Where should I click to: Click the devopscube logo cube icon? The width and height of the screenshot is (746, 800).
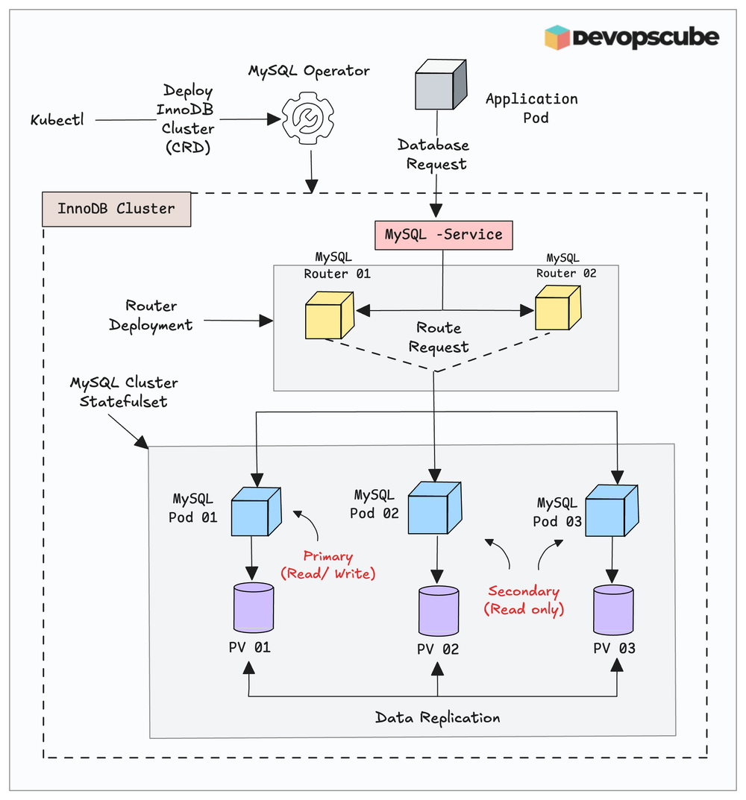pyautogui.click(x=557, y=37)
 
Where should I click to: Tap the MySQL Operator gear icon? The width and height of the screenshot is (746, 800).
pyautogui.click(x=308, y=118)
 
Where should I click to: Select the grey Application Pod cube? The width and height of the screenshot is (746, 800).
pyautogui.click(x=440, y=85)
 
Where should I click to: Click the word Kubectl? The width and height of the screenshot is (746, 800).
pyautogui.click(x=57, y=119)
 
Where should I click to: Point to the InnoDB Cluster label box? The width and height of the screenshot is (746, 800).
pyautogui.click(x=116, y=209)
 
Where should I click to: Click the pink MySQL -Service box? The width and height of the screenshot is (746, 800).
pyautogui.click(x=444, y=234)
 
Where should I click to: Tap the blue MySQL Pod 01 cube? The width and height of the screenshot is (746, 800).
pyautogui.click(x=255, y=511)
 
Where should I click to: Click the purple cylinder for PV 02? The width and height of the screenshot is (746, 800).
pyautogui.click(x=438, y=611)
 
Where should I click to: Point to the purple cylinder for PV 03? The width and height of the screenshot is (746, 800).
pyautogui.click(x=613, y=609)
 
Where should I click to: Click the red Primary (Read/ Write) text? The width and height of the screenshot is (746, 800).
pyautogui.click(x=327, y=565)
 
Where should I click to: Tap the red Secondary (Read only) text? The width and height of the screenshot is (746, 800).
pyautogui.click(x=524, y=600)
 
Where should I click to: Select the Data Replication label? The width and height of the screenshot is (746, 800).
pyautogui.click(x=437, y=718)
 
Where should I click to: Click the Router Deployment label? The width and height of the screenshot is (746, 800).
pyautogui.click(x=151, y=315)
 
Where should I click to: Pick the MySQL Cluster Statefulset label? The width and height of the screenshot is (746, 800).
pyautogui.click(x=124, y=392)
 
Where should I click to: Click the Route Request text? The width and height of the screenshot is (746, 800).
pyautogui.click(x=439, y=338)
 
